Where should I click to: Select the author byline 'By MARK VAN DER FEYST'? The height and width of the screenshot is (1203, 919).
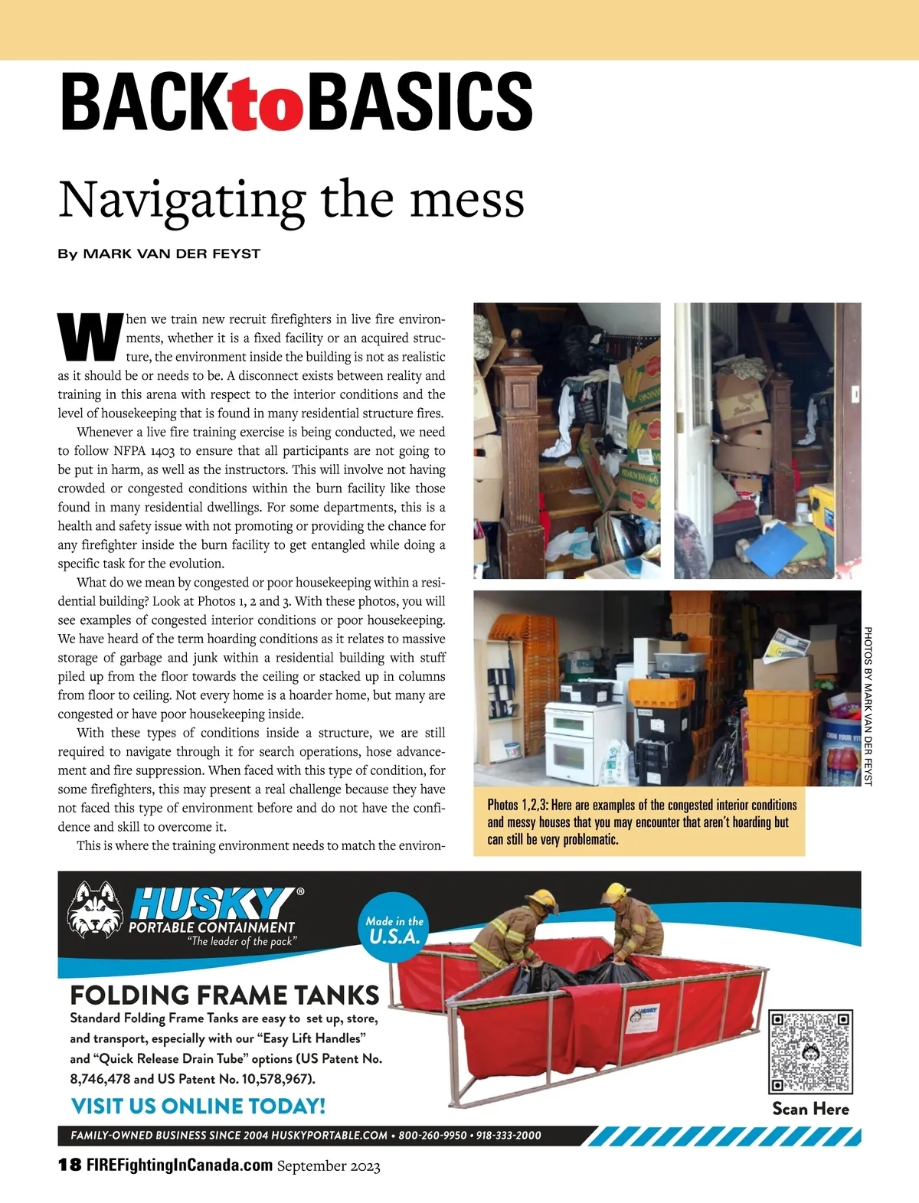(x=159, y=253)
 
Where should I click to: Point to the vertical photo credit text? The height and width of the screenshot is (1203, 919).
(x=868, y=705)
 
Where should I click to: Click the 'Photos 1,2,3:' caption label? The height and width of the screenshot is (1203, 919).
(x=518, y=806)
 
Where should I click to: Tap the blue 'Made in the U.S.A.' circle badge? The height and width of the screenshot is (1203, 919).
(x=394, y=929)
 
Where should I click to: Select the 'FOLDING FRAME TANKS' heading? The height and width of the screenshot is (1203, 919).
(x=224, y=995)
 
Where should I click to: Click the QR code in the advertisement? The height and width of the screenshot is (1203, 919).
(x=810, y=1051)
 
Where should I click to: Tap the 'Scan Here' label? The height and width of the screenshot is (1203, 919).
(x=810, y=1109)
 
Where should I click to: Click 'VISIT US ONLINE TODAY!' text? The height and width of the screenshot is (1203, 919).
(x=198, y=1106)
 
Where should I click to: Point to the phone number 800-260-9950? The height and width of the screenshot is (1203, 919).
(x=432, y=1135)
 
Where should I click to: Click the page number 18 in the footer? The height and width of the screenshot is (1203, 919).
(x=69, y=1165)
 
